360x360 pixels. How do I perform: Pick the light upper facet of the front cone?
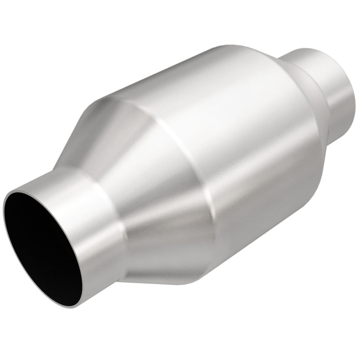pos(112,130)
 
